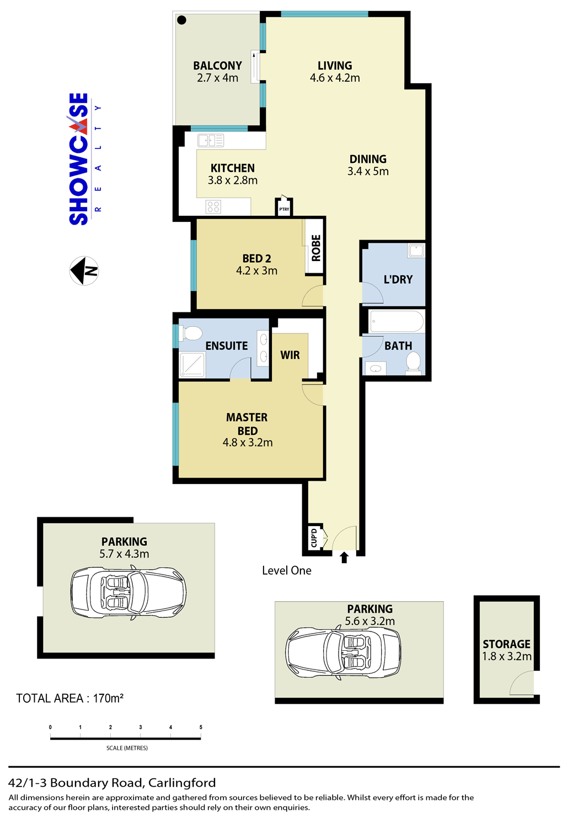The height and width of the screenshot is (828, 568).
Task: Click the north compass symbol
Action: coord(84,270)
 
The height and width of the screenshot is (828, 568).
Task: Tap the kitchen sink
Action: coord(211,140)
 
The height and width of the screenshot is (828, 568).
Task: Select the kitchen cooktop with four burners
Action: coord(213,206)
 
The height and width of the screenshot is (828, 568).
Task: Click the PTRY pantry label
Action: coord(284,209)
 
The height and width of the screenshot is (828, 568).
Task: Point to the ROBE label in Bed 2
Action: coord(316,248)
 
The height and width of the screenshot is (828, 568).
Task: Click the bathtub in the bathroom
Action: coord(396,321)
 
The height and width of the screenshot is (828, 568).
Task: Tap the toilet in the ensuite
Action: coord(191,333)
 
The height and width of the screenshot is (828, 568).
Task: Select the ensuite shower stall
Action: coord(192,365)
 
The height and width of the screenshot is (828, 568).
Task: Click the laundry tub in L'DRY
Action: coord(416,250)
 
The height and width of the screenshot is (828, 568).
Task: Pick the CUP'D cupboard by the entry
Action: coord(314,538)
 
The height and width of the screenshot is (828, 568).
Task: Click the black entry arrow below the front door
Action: coord(344,558)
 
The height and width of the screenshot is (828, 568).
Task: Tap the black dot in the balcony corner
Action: coord(181,19)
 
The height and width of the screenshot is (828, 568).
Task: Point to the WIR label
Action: coord(290,355)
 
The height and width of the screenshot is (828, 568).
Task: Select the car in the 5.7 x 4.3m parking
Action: coord(128,593)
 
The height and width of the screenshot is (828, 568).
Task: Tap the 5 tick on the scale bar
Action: coord(201,727)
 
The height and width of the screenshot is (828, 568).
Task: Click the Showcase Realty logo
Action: coord(84,159)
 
